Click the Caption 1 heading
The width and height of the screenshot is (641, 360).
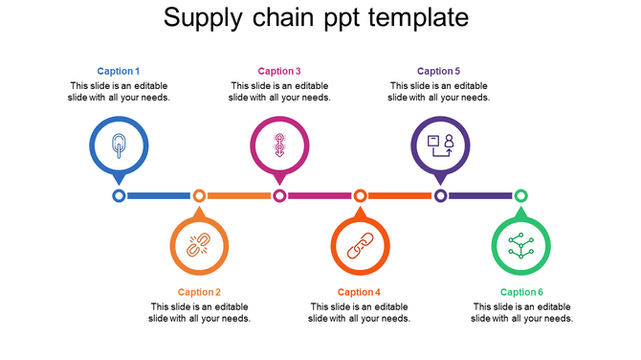point(119,71)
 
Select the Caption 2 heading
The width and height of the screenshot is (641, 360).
point(199,292)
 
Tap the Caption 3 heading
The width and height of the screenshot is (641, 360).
point(279,71)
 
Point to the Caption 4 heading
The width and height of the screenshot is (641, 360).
point(359,292)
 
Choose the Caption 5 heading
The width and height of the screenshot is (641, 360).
point(439,71)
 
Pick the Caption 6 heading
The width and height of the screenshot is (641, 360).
point(521,292)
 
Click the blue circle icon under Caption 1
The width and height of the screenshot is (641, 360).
point(119,146)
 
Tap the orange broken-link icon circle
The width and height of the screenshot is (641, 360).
point(199,246)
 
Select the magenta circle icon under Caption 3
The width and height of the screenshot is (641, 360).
point(279,146)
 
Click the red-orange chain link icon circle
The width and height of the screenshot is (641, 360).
point(360,246)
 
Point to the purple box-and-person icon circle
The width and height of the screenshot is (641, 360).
point(440,146)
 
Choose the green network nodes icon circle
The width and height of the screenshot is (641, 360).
point(520,246)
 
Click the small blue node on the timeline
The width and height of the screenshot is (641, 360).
point(119,195)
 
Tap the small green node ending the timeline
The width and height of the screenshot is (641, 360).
point(520,195)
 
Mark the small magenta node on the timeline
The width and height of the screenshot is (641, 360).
point(279,195)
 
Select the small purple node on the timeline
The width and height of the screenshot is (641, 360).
point(440,195)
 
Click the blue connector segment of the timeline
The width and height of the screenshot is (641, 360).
point(159,195)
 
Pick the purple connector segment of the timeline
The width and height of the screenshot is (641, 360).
point(480,195)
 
